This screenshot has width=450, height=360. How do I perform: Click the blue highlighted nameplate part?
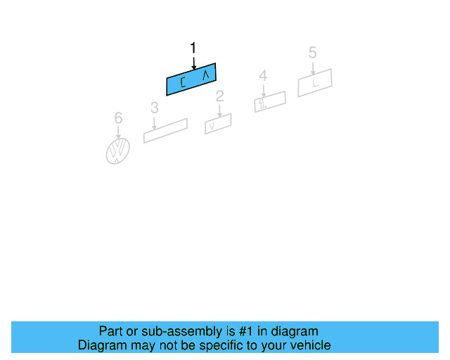[191, 79]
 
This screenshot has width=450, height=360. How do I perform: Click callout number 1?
[193, 48]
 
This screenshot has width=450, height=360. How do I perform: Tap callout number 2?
[219, 96]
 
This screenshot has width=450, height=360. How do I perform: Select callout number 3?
[154, 108]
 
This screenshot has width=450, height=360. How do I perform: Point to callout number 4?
[263, 75]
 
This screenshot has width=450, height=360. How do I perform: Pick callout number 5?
[312, 53]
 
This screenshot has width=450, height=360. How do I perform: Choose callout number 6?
[118, 117]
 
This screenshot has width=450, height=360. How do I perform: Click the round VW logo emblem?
[118, 150]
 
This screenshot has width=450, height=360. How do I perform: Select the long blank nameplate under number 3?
[165, 131]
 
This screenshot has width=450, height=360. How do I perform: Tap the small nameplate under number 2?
[218, 124]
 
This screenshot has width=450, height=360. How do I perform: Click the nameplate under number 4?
[270, 101]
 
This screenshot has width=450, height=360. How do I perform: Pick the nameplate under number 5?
[314, 83]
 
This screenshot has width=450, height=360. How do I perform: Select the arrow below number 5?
[312, 67]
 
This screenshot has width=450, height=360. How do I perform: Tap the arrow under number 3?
[154, 122]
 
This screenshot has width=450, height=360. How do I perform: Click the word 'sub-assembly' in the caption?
[173, 331]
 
